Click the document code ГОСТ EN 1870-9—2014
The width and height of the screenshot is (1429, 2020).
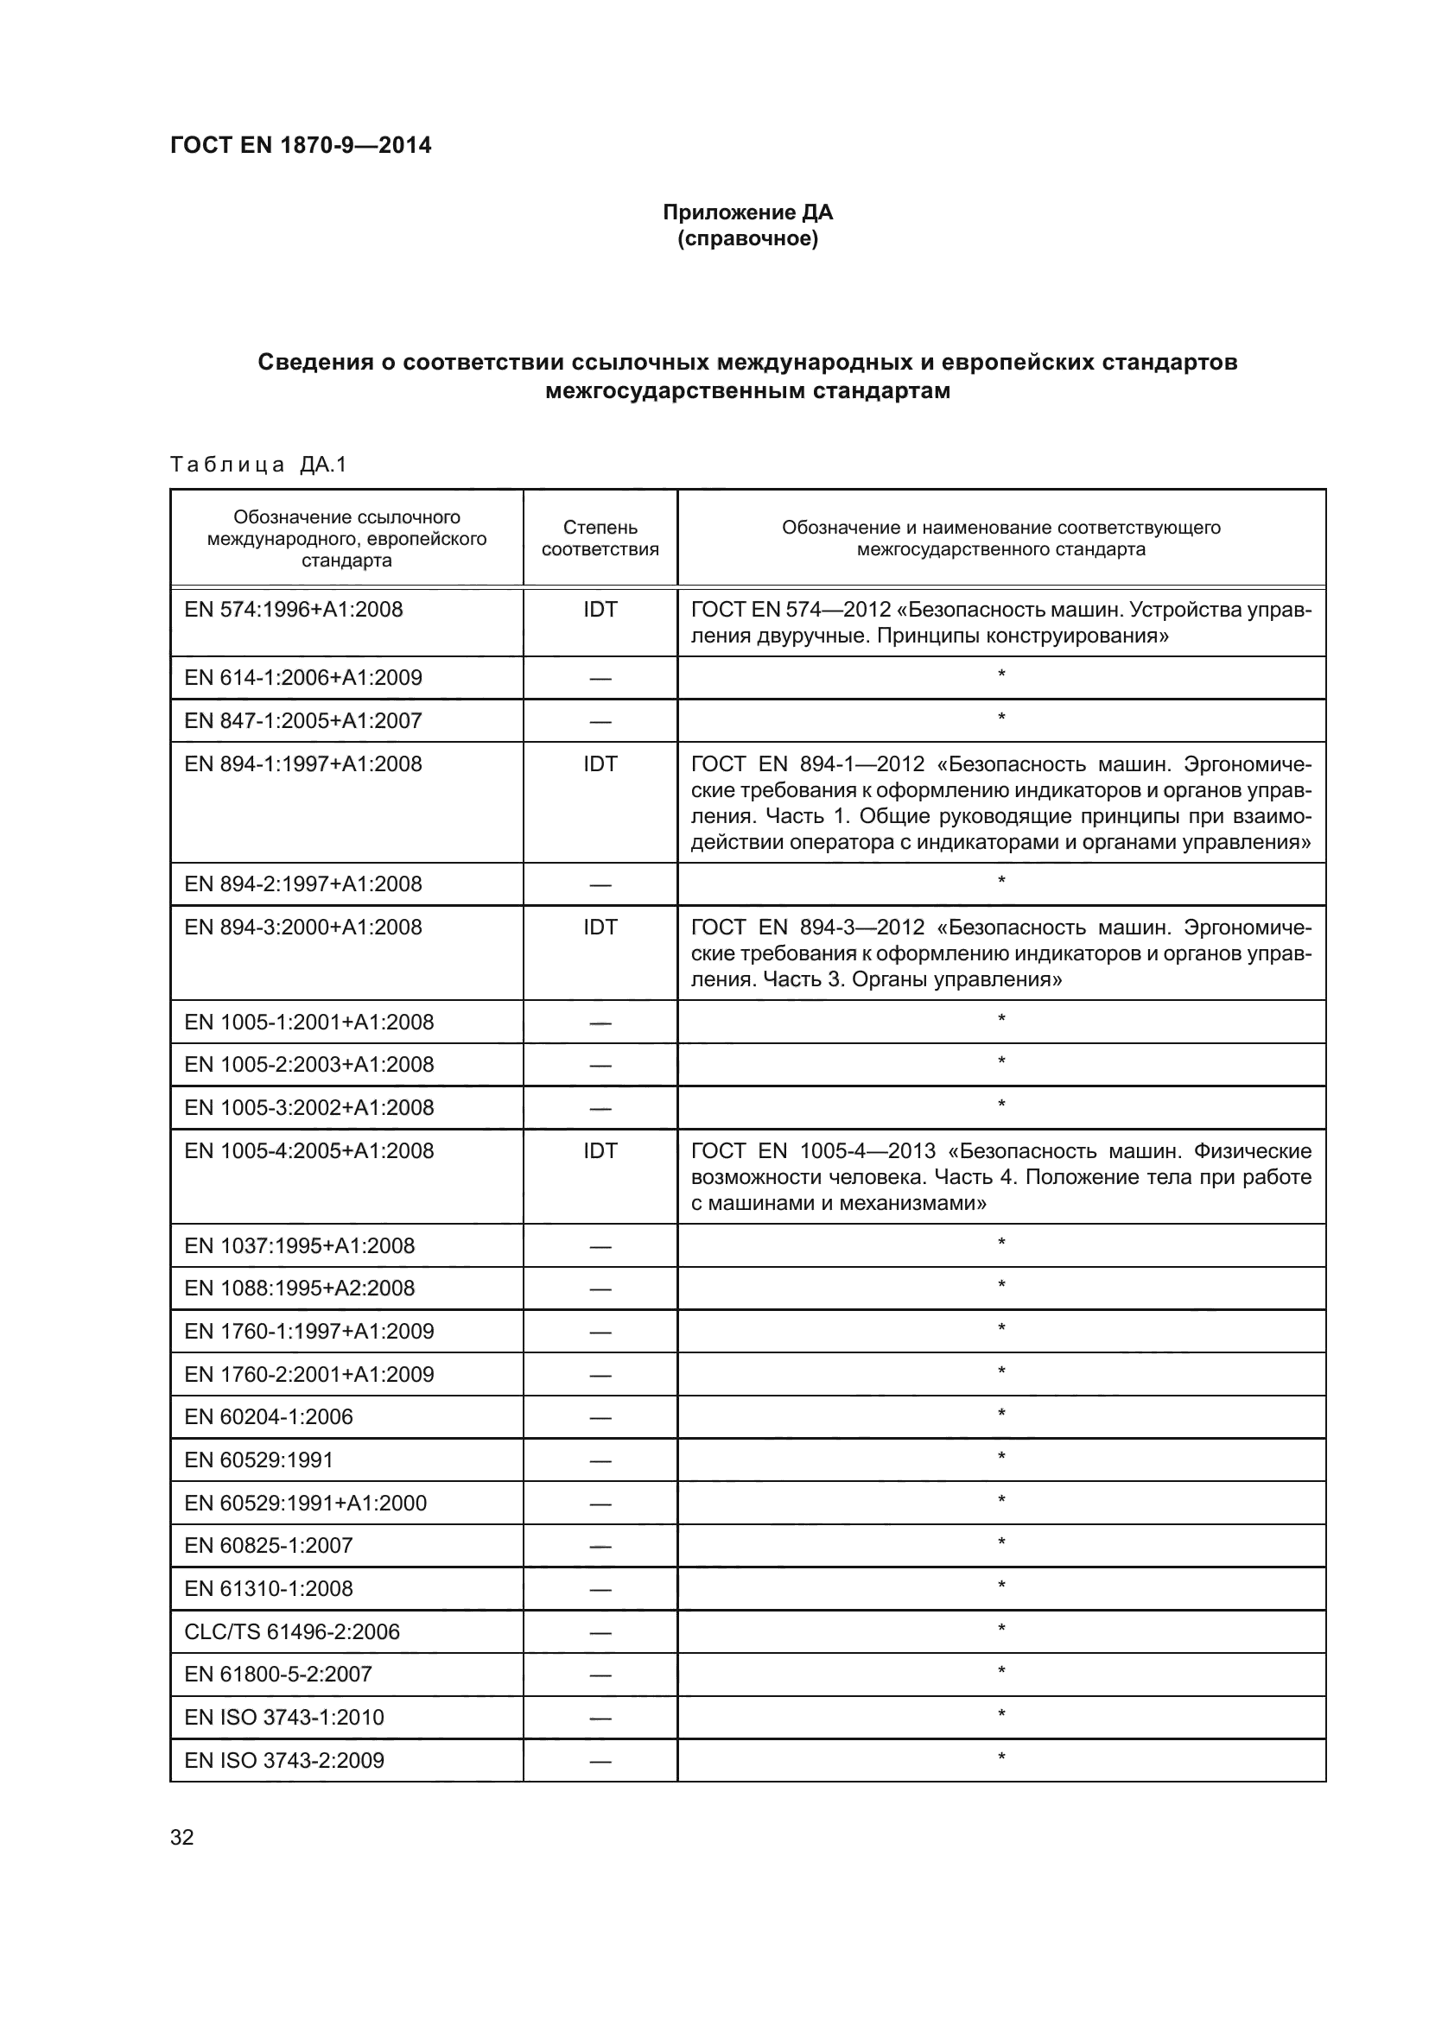300,145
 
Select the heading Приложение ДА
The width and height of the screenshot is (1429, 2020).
747,212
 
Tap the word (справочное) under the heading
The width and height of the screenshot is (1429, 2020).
747,238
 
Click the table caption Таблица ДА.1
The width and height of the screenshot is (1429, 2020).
257,465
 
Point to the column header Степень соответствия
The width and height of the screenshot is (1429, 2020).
600,537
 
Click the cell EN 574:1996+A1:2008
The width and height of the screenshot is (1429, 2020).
293,609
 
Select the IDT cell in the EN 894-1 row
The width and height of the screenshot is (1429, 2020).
600,763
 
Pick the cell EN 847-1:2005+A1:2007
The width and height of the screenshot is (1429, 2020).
302,720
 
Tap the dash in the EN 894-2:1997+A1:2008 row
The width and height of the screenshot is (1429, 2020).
600,885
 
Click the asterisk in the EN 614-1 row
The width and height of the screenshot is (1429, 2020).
1000,675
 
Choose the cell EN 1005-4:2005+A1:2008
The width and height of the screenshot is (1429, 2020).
308,1150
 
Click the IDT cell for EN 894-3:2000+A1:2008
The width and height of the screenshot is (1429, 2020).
600,928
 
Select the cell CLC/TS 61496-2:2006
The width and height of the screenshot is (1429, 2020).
291,1632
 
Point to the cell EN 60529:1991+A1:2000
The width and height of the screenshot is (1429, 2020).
305,1503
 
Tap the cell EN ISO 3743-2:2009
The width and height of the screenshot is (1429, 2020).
283,1760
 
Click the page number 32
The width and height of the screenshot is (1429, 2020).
181,1837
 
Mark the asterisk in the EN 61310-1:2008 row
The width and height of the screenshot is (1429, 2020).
1000,1587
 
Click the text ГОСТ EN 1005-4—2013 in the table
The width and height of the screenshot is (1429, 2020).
813,1150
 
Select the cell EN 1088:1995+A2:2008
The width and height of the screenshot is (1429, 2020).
299,1288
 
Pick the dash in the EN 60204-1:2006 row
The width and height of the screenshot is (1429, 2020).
600,1418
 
